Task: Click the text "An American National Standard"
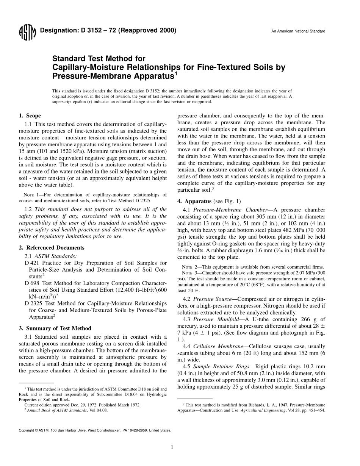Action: pos(298,31)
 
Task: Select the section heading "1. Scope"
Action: pos(30,116)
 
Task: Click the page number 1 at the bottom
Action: pos(172,447)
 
